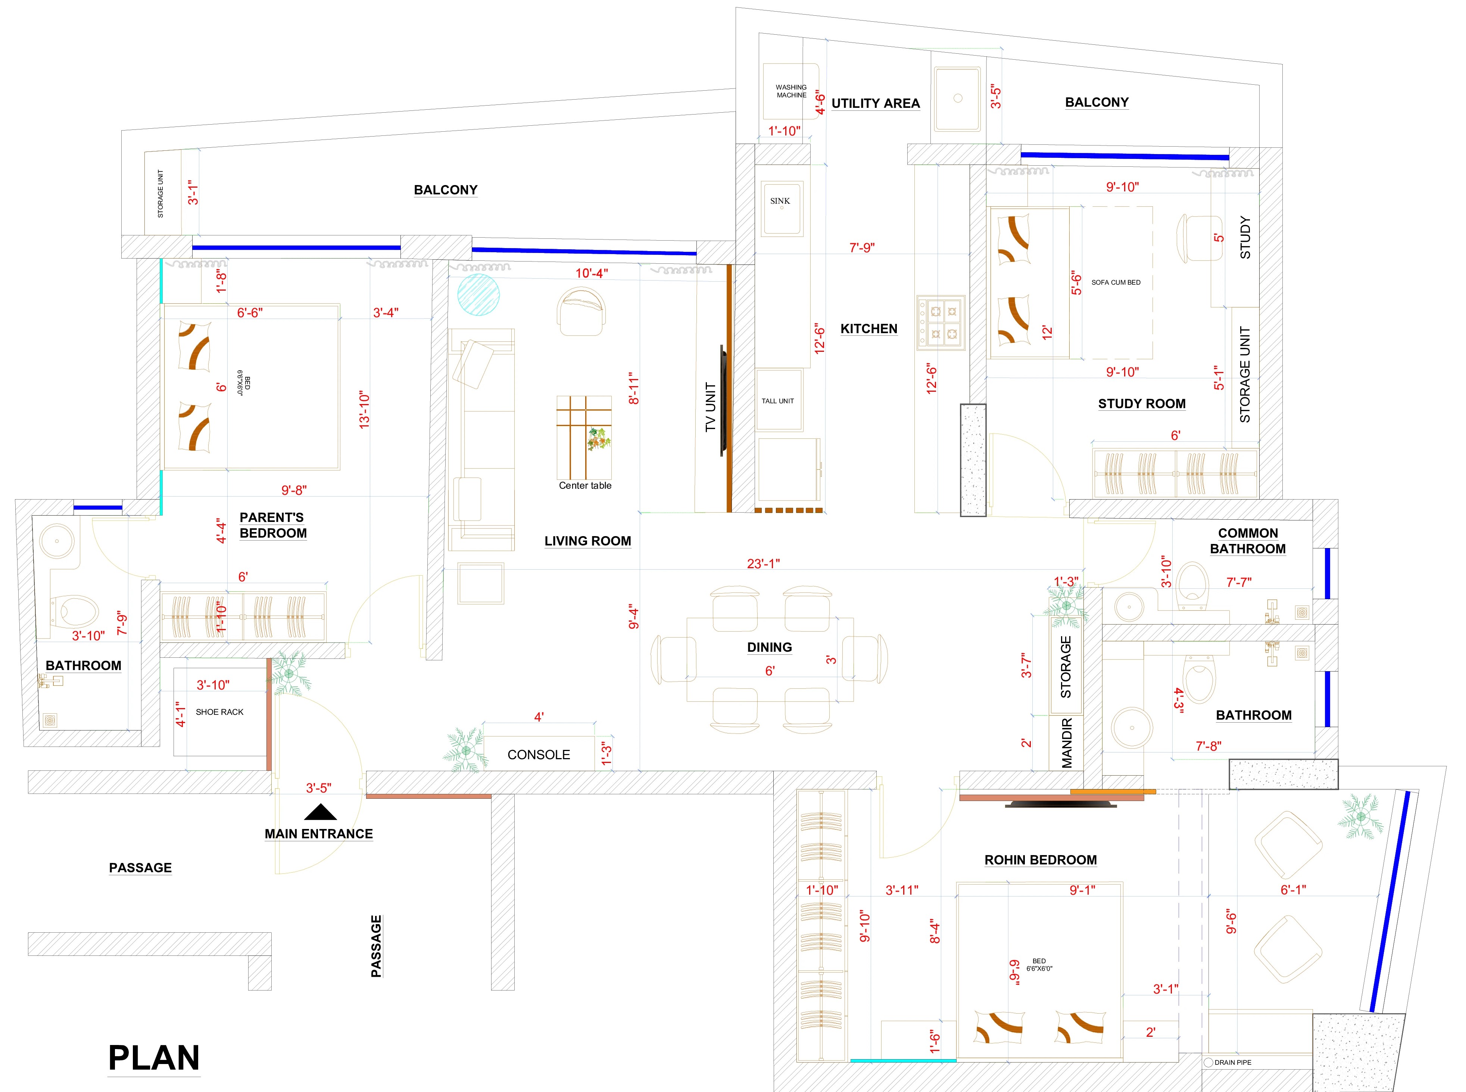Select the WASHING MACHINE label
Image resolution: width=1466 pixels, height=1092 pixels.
pos(791,91)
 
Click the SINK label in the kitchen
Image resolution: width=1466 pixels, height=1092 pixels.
pos(780,201)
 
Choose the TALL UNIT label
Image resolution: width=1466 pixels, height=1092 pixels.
pos(778,401)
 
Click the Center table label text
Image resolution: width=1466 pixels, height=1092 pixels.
pos(585,486)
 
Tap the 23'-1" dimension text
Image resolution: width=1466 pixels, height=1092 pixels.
pos(763,564)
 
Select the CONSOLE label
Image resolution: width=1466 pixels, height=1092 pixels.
pos(539,755)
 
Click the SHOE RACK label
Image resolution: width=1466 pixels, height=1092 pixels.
pos(219,712)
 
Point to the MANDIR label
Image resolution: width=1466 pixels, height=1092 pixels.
pos(1067,743)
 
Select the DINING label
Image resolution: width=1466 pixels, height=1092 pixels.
pos(769,648)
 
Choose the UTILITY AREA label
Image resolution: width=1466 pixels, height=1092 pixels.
pos(876,104)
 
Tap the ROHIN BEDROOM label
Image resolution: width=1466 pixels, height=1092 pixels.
pos(1040,860)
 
